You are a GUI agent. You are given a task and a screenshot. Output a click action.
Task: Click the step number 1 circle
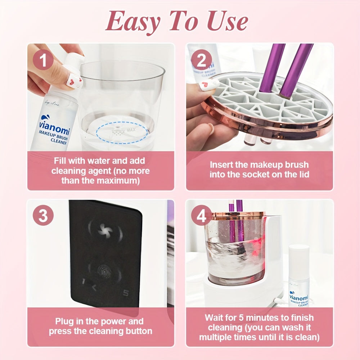coord(43,60)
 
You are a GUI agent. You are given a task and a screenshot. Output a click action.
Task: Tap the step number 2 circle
coord(201,60)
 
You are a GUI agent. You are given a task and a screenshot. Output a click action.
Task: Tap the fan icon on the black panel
coord(105,229)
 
